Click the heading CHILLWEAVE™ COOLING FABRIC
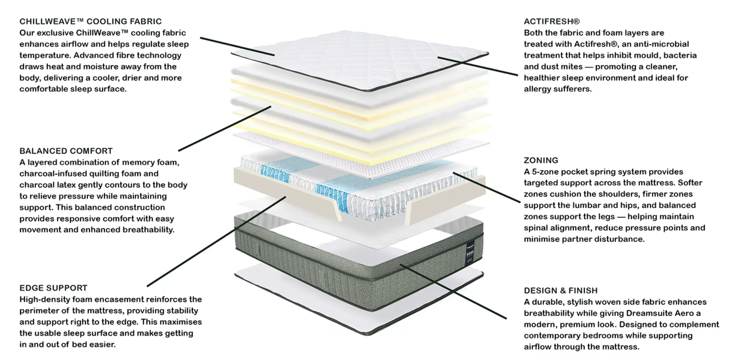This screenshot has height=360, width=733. [91, 22]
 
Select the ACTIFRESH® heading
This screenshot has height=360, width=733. [552, 22]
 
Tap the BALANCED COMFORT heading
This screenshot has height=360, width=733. [66, 151]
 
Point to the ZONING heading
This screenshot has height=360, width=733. [541, 160]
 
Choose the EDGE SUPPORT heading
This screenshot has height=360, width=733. [54, 288]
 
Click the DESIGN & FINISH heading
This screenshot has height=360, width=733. [561, 291]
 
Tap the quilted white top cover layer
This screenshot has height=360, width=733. [359, 59]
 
